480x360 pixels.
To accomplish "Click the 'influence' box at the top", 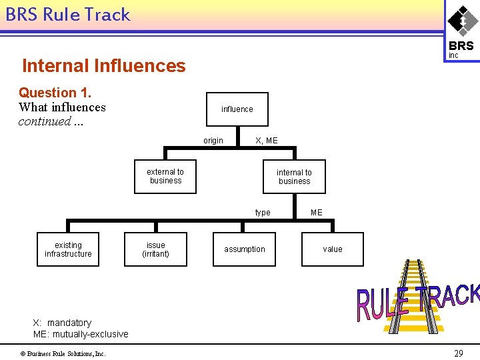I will click(x=237, y=109).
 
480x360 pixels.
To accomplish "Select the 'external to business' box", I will click(x=165, y=177).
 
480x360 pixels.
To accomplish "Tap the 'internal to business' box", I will click(x=294, y=177).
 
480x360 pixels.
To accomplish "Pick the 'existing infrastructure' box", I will click(x=68, y=249).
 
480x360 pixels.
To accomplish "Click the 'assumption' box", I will click(x=244, y=249).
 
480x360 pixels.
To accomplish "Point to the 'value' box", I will click(x=332, y=249).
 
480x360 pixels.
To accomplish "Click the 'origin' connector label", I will click(x=213, y=141).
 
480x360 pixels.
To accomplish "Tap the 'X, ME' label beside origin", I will click(x=267, y=141).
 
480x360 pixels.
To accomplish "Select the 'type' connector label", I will click(x=263, y=213).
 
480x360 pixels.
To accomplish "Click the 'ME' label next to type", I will click(x=316, y=213).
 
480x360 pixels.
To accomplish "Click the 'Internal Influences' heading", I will click(x=104, y=65).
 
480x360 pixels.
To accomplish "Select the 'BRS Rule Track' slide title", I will click(x=68, y=15).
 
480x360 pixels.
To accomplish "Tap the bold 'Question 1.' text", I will click(x=55, y=93).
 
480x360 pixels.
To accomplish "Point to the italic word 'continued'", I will click(x=45, y=121).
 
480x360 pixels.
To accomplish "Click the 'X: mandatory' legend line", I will click(x=62, y=323).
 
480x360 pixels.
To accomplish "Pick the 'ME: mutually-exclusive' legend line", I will click(x=81, y=334).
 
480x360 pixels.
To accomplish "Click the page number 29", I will click(x=458, y=353).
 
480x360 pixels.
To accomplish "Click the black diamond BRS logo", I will click(x=462, y=20).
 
